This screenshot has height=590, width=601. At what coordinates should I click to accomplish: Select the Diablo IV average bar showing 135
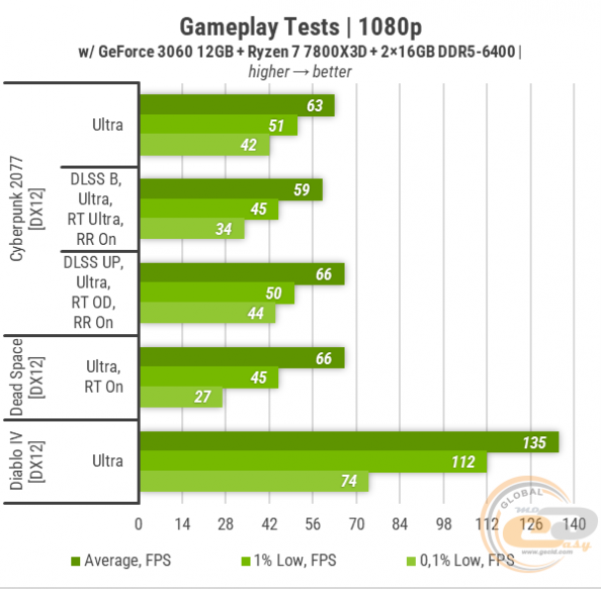click(349, 441)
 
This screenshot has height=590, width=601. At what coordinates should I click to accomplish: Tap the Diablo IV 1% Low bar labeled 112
click(313, 461)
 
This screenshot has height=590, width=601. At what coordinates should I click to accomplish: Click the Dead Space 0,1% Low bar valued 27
click(181, 398)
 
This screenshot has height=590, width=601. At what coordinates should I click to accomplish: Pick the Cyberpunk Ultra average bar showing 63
click(237, 105)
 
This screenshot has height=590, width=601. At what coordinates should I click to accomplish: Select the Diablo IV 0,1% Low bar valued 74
click(253, 482)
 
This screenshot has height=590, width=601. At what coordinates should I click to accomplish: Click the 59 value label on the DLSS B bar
click(301, 189)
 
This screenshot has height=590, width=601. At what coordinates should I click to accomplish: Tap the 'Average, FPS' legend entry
click(121, 560)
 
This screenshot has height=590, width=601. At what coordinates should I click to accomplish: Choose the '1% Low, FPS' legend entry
click(290, 560)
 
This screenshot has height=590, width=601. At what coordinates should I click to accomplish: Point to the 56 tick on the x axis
click(312, 524)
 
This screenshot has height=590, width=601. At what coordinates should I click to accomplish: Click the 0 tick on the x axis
click(139, 524)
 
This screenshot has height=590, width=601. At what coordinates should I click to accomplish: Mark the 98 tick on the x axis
click(443, 524)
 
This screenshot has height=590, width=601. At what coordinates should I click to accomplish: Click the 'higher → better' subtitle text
click(300, 70)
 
